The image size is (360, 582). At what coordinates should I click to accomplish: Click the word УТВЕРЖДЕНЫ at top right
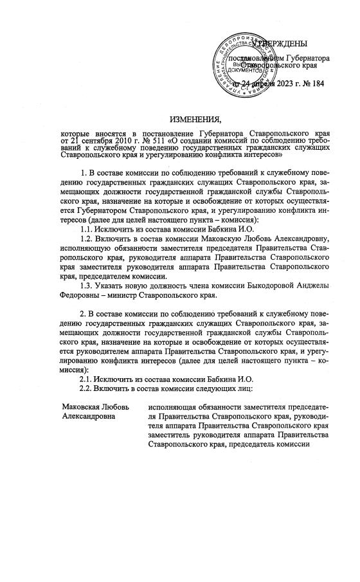pyautogui.click(x=281, y=44)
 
